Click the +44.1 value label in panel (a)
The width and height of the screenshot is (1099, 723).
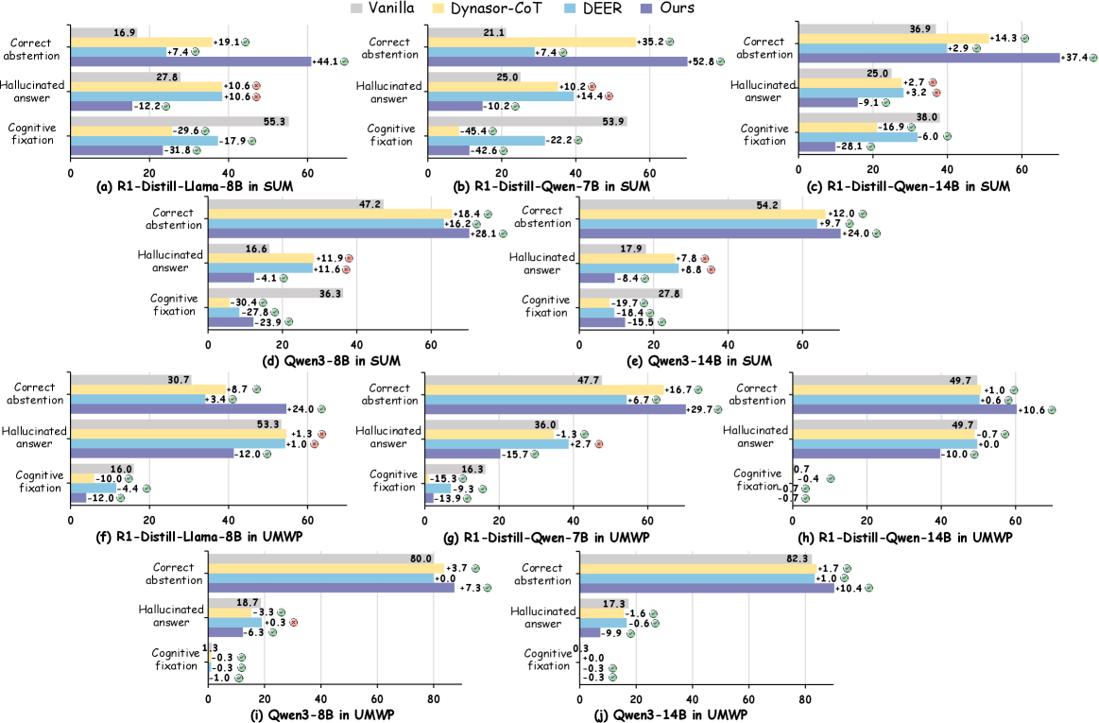point(328,61)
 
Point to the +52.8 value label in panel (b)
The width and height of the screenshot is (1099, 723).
point(704,61)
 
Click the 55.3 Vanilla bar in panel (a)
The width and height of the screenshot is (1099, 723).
point(180,121)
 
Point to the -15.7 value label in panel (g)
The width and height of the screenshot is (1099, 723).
point(516,454)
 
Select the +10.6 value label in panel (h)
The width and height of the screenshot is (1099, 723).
point(1036,409)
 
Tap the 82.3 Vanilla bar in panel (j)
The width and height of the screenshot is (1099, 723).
point(695,558)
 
